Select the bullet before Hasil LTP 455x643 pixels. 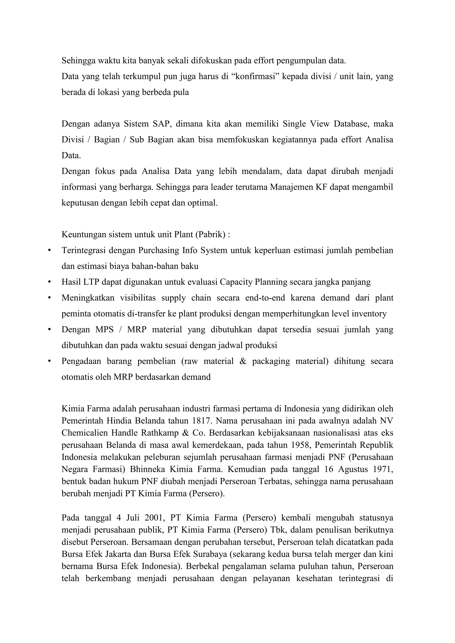pyautogui.click(x=50, y=282)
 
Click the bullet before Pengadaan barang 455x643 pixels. pyautogui.click(x=50, y=361)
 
